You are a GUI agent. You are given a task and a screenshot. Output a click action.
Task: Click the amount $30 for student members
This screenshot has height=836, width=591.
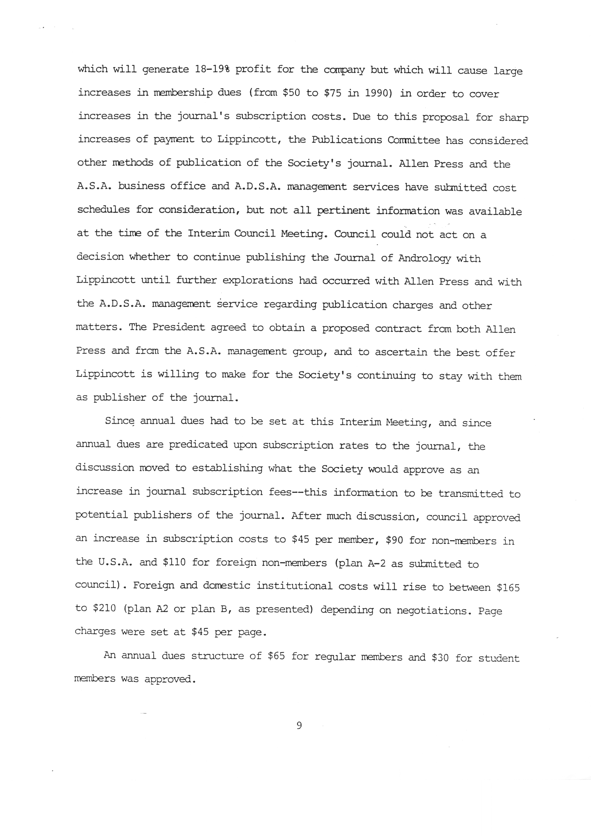coord(440,658)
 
